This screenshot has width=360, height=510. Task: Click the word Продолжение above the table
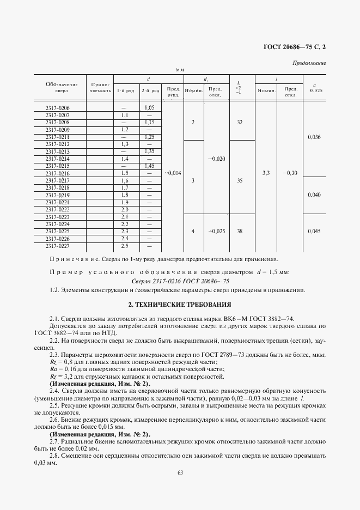[309, 63]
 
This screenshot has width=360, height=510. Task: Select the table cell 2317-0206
[58, 108]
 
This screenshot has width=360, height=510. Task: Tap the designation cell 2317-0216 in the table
[58, 173]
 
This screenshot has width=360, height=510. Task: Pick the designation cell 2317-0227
[58, 245]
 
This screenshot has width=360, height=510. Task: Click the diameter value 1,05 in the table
[150, 108]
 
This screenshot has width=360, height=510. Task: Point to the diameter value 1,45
[150, 166]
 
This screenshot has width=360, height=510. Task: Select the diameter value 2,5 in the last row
[124, 245]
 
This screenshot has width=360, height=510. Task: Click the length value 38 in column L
[239, 231]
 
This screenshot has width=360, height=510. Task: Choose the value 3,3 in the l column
[266, 173]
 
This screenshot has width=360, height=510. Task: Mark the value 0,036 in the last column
[314, 137]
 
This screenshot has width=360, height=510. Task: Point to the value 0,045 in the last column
[314, 231]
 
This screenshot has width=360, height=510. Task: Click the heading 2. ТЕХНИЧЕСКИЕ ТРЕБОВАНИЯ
[180, 304]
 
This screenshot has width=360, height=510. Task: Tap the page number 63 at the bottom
[180, 472]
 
